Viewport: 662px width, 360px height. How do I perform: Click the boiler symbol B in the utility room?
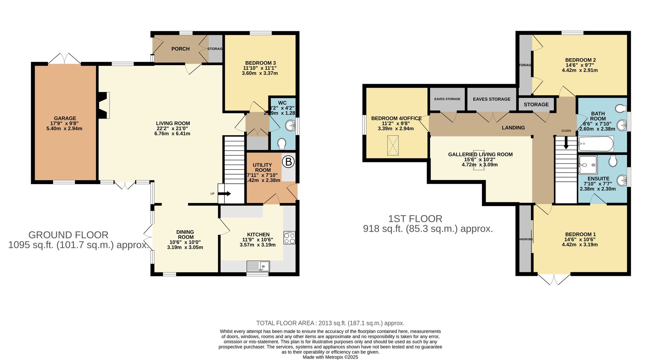pyautogui.click(x=288, y=162)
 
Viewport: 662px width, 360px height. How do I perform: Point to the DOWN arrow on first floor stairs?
pyautogui.click(x=566, y=143)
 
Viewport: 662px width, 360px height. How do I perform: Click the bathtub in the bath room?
pyautogui.click(x=596, y=144)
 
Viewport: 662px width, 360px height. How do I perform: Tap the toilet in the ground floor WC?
pyautogui.click(x=282, y=143)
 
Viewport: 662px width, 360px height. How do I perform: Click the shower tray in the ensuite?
pyautogui.click(x=588, y=165)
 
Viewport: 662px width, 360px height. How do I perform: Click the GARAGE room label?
pyautogui.click(x=65, y=118)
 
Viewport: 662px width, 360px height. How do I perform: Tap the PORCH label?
pyautogui.click(x=180, y=49)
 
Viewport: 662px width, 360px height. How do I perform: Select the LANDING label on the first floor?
pyautogui.click(x=513, y=128)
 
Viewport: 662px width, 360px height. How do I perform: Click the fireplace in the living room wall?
pyautogui.click(x=104, y=105)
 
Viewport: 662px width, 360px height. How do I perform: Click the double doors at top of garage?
pyautogui.click(x=64, y=59)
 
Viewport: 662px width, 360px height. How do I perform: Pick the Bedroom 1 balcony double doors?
pyautogui.click(x=554, y=279)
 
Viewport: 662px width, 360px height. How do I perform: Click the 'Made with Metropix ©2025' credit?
pyautogui.click(x=330, y=357)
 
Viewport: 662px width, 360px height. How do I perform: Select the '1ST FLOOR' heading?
pyautogui.click(x=415, y=219)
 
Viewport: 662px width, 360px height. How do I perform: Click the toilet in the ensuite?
pyautogui.click(x=613, y=161)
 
